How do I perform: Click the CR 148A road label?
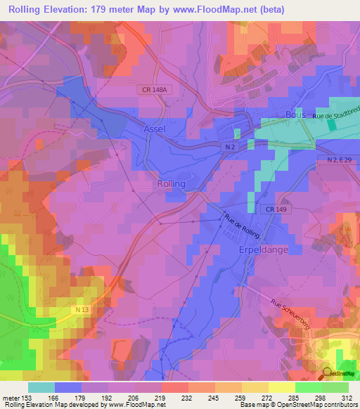152,91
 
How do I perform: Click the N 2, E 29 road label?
342,161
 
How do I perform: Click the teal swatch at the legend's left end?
41,387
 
